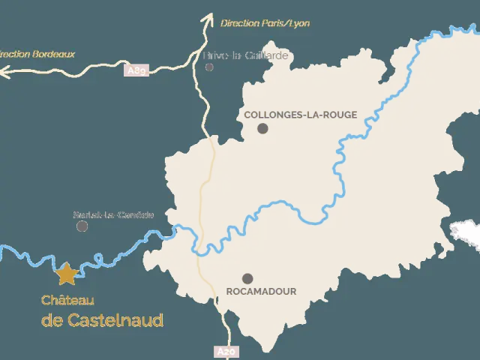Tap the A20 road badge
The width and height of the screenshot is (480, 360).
226,351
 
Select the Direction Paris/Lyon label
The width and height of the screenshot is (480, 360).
265,23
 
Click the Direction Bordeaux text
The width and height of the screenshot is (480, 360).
36,54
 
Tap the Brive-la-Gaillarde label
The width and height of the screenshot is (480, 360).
246,55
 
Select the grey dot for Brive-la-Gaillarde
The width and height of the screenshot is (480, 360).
209,67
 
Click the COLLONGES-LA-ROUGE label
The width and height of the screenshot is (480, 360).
300,115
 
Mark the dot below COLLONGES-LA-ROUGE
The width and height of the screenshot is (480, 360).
262,128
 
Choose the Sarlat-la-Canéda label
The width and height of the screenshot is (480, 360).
113,214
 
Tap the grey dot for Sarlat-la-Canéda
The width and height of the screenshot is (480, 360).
82,226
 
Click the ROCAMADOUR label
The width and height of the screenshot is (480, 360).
261,291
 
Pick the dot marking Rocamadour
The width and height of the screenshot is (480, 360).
247,278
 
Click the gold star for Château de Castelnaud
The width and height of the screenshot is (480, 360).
67,274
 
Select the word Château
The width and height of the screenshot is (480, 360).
67,300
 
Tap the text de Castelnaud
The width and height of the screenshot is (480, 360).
102,320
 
